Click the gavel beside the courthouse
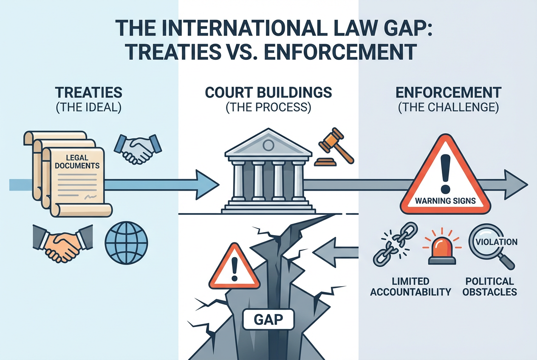(334, 147)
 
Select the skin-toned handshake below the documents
(62, 243)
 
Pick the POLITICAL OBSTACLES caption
(489, 287)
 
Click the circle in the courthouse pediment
(268, 145)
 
